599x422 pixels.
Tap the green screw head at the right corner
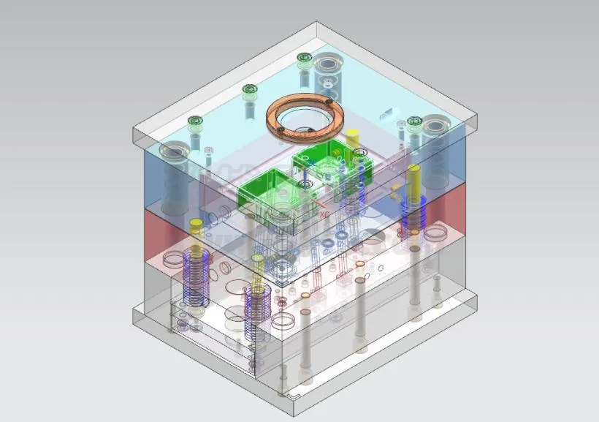tap(415, 121)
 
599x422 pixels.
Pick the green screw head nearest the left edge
tap(194, 121)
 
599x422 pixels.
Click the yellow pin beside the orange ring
tap(352, 137)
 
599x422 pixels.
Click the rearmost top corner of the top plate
tap(317, 23)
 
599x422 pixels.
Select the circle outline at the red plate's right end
tap(437, 233)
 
